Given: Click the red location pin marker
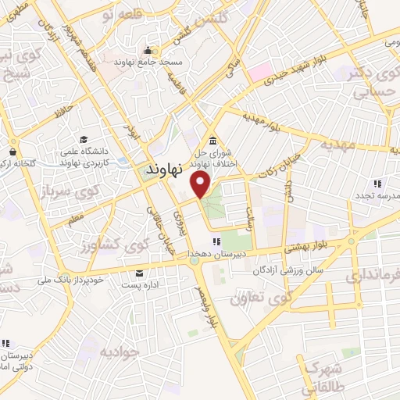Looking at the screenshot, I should point(202,185).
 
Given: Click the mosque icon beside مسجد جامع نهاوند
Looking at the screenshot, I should point(146,51).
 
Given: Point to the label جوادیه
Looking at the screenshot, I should point(120,351).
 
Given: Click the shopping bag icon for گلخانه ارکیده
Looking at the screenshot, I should point(13,151).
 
